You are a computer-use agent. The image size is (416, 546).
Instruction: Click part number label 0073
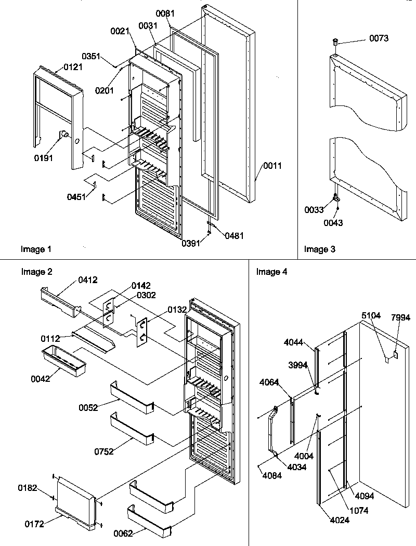click(379, 38)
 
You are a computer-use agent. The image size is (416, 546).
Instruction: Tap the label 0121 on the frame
click(74, 67)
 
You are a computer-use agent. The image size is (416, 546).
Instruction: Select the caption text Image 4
click(271, 272)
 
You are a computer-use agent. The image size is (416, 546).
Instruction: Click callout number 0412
click(88, 280)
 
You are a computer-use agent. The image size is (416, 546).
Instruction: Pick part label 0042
click(41, 378)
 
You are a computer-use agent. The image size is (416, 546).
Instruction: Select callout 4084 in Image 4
click(272, 475)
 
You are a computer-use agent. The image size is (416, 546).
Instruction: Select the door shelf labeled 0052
click(132, 396)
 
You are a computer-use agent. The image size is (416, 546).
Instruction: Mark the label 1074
click(359, 510)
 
